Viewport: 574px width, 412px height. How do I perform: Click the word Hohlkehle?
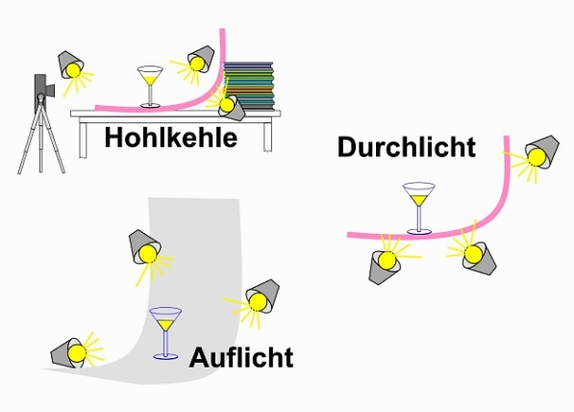(x=171, y=138)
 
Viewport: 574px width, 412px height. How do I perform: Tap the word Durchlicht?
(x=407, y=147)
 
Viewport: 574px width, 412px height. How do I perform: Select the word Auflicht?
(x=241, y=357)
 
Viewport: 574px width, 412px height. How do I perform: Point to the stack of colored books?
(x=249, y=86)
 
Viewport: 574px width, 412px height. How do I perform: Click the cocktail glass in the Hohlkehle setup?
(x=150, y=87)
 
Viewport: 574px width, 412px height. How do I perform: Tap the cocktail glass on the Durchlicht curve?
(x=419, y=208)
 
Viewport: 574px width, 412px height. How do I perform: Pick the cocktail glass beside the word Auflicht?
(x=165, y=333)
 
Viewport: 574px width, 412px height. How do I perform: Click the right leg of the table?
(x=267, y=136)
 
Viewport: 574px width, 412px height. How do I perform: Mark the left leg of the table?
(x=84, y=140)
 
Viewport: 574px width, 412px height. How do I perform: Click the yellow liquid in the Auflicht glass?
(x=165, y=324)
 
